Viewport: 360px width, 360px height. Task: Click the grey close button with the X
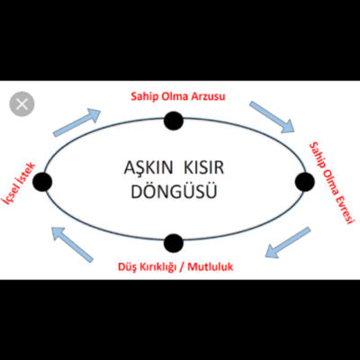22,104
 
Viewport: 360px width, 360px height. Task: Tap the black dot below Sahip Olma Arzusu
174,121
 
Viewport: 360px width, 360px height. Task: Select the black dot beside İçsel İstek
42,182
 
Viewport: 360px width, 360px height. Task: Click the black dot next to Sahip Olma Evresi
305,182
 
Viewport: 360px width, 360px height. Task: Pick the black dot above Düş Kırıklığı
174,243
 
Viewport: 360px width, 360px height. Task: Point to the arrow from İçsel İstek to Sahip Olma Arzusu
76,122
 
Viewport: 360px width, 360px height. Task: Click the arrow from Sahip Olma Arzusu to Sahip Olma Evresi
272,117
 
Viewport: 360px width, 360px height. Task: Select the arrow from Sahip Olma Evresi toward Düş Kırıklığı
287,242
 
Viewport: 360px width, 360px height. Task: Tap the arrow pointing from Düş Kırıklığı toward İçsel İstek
73,244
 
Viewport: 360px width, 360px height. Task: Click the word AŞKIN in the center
148,167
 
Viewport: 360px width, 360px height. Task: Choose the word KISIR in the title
203,167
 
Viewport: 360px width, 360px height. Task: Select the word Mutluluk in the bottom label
211,266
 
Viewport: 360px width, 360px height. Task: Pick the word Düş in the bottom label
126,266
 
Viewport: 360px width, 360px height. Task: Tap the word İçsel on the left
10,193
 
